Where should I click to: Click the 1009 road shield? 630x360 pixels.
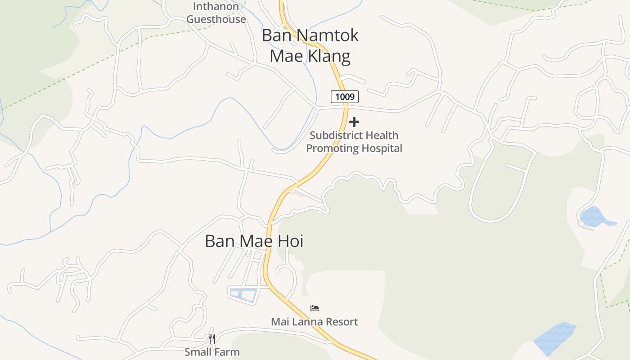pos(345,96)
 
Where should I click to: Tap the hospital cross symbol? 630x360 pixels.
pos(354,122)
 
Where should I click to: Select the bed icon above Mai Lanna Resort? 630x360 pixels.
pos(315,308)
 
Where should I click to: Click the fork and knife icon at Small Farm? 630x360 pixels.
pos(212,338)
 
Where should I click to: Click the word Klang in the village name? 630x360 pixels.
pos(327,56)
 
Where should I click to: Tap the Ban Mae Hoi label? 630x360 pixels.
pos(254,241)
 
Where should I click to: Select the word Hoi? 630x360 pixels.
pos(290,241)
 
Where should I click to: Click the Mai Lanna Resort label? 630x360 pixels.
pos(314,322)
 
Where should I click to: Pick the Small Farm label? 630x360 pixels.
pos(212,352)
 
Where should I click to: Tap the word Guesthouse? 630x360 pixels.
pos(216,19)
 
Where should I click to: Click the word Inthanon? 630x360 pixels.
pos(216,7)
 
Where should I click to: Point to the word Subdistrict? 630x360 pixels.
pos(332,135)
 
